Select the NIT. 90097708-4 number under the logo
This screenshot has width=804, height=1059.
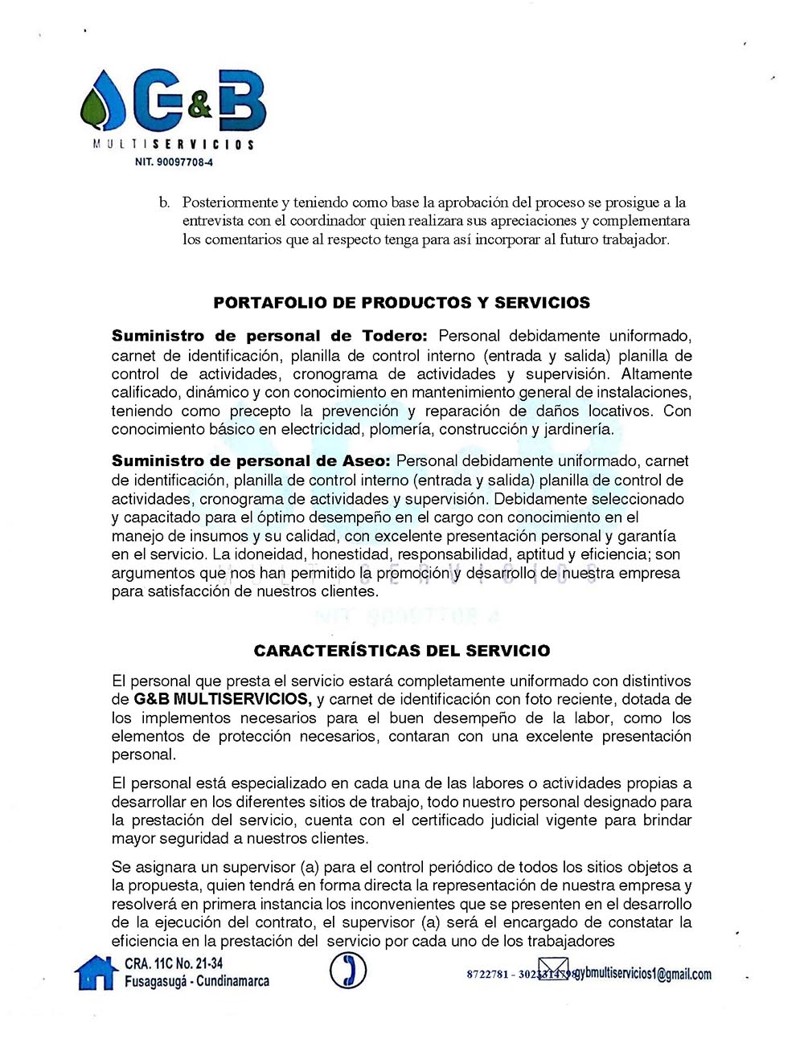tap(174, 162)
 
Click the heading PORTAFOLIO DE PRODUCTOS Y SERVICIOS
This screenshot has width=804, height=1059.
tap(401, 303)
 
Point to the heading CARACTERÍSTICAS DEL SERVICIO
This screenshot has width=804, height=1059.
tap(402, 651)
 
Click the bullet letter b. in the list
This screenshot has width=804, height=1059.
tap(164, 202)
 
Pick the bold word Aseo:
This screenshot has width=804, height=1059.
tap(364, 461)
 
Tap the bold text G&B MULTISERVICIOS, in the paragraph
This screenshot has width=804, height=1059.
tap(222, 699)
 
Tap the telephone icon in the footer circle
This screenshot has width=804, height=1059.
tap(348, 971)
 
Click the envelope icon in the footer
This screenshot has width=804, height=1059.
tap(553, 970)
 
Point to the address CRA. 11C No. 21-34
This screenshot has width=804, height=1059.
tap(174, 963)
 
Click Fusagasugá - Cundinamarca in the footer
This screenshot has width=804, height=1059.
tap(197, 981)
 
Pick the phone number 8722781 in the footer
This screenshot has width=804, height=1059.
tap(486, 975)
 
